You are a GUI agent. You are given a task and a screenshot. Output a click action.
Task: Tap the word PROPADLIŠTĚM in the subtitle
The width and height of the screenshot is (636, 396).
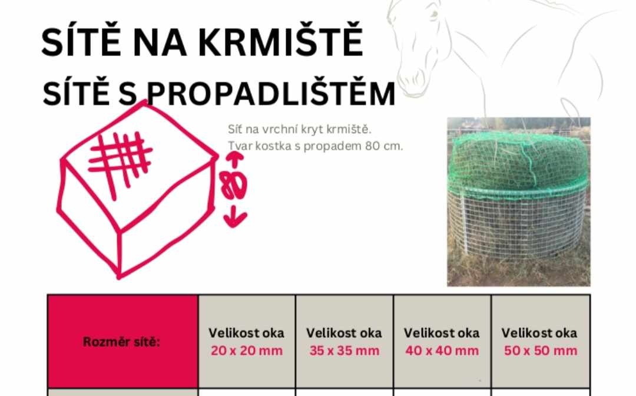point(270,93)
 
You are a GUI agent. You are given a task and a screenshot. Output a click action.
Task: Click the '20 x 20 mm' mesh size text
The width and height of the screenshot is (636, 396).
point(247,351)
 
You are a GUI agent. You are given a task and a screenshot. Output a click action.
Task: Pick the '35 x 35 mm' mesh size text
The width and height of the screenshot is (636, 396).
point(344,351)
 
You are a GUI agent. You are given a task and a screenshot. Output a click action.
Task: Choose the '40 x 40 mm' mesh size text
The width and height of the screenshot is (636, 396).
point(442,351)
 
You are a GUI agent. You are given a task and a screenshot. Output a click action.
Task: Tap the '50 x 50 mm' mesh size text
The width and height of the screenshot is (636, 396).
point(540,351)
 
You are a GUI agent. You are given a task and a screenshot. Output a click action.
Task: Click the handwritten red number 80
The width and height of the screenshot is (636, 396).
point(233,184)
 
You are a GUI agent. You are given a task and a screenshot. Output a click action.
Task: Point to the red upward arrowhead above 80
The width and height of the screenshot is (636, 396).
point(235,156)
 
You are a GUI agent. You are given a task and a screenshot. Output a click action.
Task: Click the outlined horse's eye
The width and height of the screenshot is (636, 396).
point(435,15)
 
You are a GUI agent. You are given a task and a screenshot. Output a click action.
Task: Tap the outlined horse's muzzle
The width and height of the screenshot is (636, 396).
point(414,79)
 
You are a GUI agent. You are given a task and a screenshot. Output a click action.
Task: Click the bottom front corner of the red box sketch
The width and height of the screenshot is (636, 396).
point(119,277)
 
